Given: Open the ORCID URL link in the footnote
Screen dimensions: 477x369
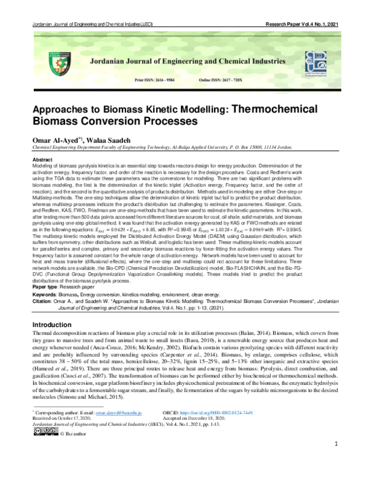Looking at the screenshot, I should point(240,414).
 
